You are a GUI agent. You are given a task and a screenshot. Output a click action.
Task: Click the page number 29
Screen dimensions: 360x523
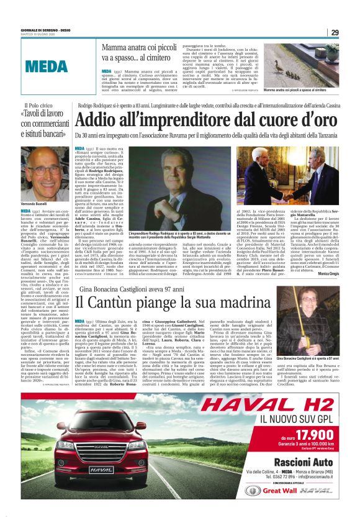click(335, 32)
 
